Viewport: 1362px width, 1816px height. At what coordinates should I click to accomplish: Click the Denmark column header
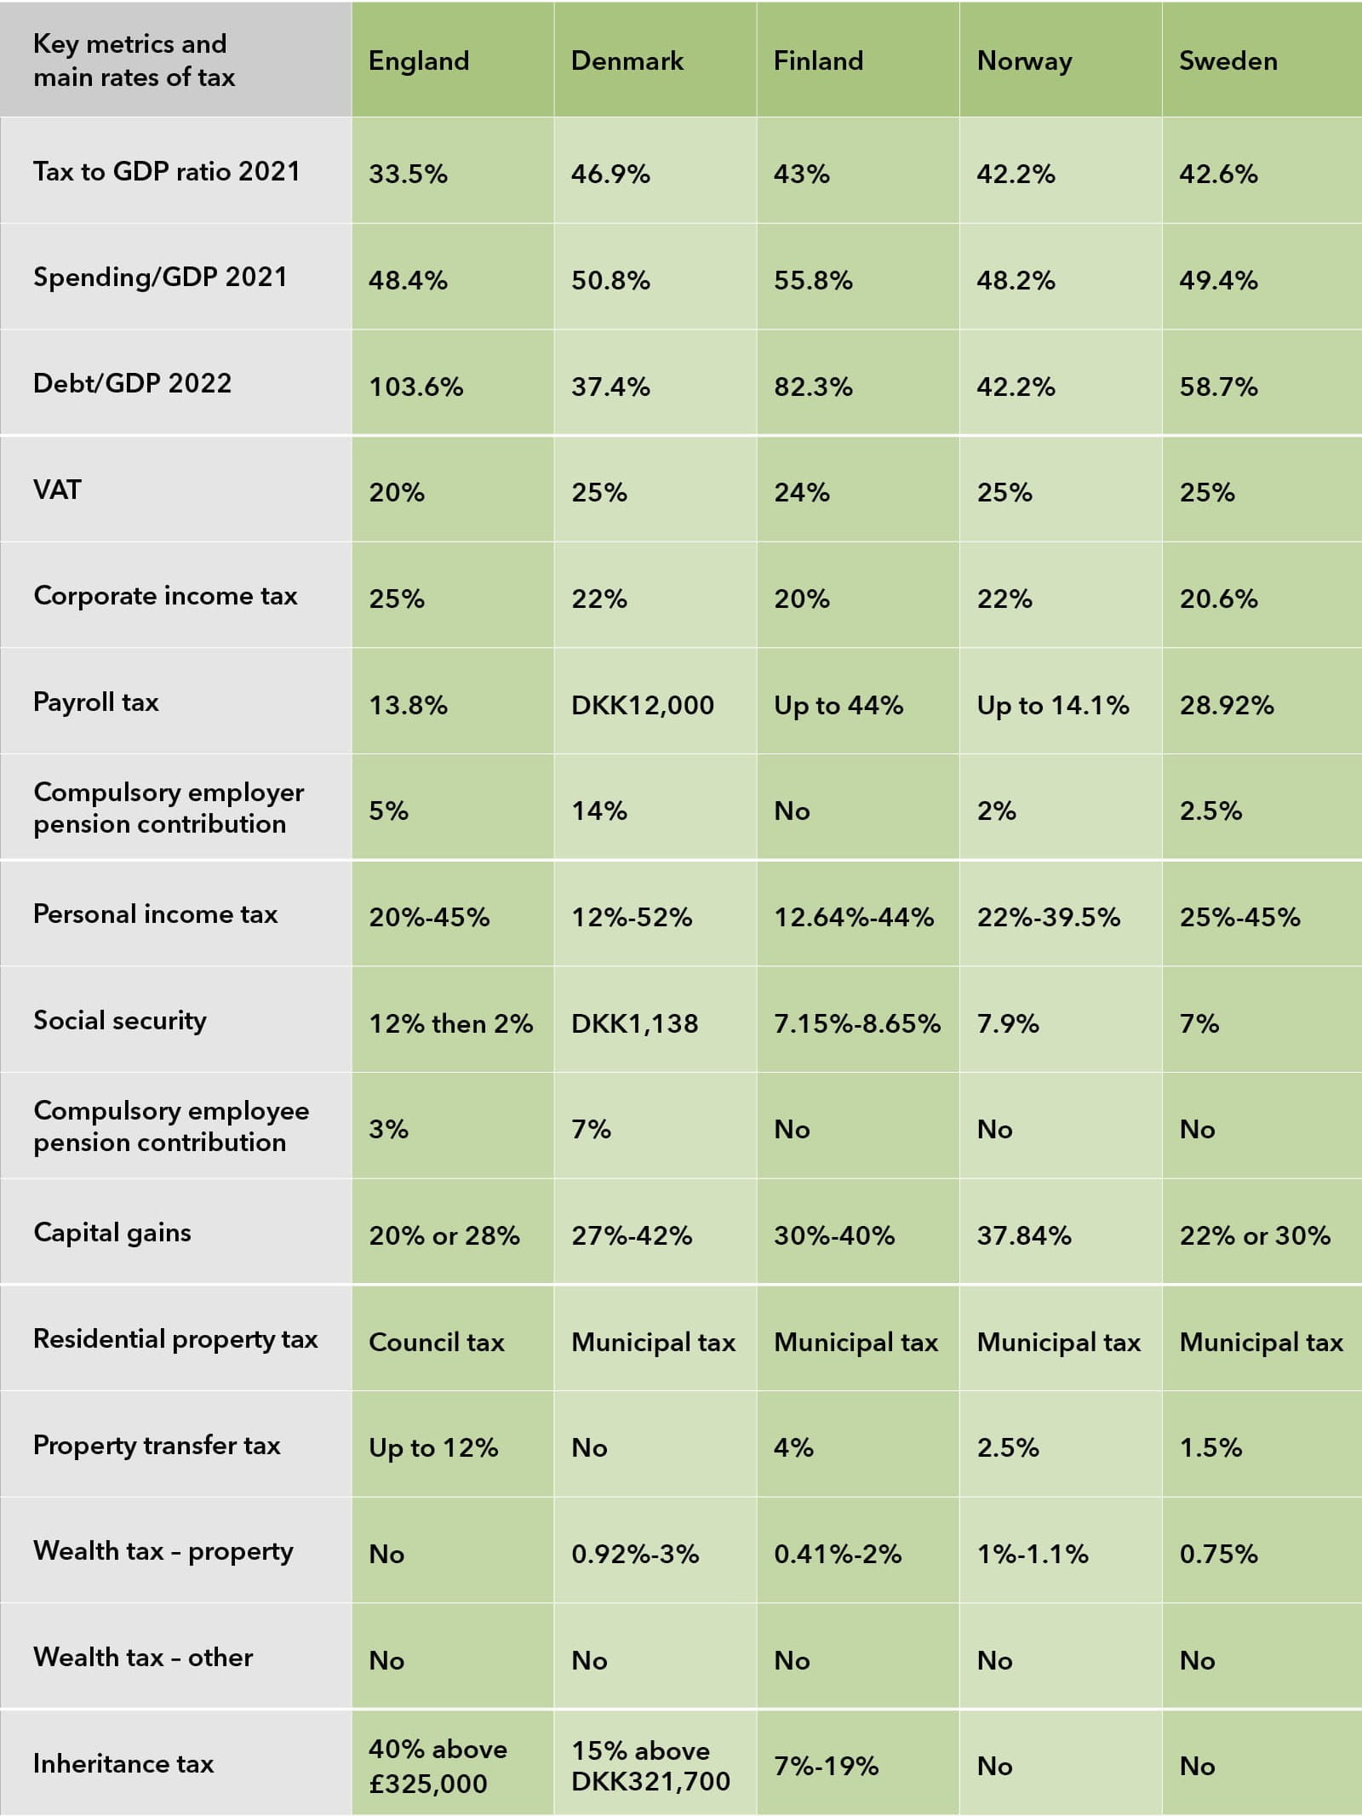coord(627,61)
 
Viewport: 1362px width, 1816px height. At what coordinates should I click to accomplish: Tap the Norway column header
coord(1024,61)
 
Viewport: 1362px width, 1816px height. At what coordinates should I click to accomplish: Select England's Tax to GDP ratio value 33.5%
coord(408,175)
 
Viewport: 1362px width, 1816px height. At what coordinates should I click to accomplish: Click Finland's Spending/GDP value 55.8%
coord(813,281)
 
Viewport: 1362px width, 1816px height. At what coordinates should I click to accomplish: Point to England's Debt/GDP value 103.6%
coord(415,387)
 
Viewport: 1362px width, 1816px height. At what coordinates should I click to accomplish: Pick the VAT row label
coord(57,490)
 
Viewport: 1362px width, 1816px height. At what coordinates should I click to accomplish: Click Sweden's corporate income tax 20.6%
coord(1218,599)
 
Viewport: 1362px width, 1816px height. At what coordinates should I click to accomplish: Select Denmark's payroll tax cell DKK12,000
coord(642,706)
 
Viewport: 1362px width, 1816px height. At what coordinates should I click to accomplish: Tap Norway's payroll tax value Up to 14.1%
coord(1052,706)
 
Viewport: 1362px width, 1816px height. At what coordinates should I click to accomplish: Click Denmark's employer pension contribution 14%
coord(598,811)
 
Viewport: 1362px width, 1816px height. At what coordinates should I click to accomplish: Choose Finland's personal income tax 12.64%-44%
coord(853,918)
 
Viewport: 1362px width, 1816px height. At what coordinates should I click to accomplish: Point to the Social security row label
coord(119,1020)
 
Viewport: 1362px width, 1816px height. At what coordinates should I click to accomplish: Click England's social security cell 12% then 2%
coord(450,1023)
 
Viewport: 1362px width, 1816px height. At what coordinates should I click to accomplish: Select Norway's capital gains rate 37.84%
coord(1023,1235)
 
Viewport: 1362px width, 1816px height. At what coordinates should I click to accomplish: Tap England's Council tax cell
coord(436,1343)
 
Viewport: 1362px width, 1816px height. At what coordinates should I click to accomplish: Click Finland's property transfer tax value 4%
coord(793,1448)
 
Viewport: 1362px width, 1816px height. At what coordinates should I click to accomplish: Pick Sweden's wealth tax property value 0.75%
coord(1218,1555)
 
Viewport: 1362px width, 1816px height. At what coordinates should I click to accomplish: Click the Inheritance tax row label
coord(123,1763)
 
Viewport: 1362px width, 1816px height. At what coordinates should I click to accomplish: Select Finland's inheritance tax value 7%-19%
coord(826,1767)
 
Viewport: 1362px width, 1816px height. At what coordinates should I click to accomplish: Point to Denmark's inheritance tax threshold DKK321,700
coord(650,1781)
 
